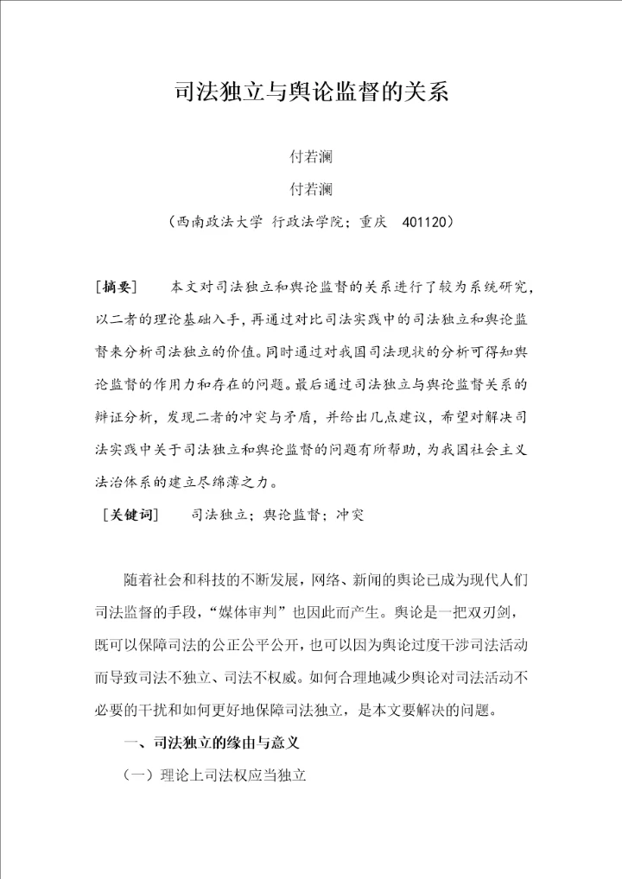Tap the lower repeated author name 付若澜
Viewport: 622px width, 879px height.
tap(311, 189)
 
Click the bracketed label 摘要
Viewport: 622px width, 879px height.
tap(118, 286)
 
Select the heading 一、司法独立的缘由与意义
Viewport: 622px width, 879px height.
tap(212, 743)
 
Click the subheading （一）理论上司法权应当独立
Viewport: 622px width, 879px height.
tap(216, 775)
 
